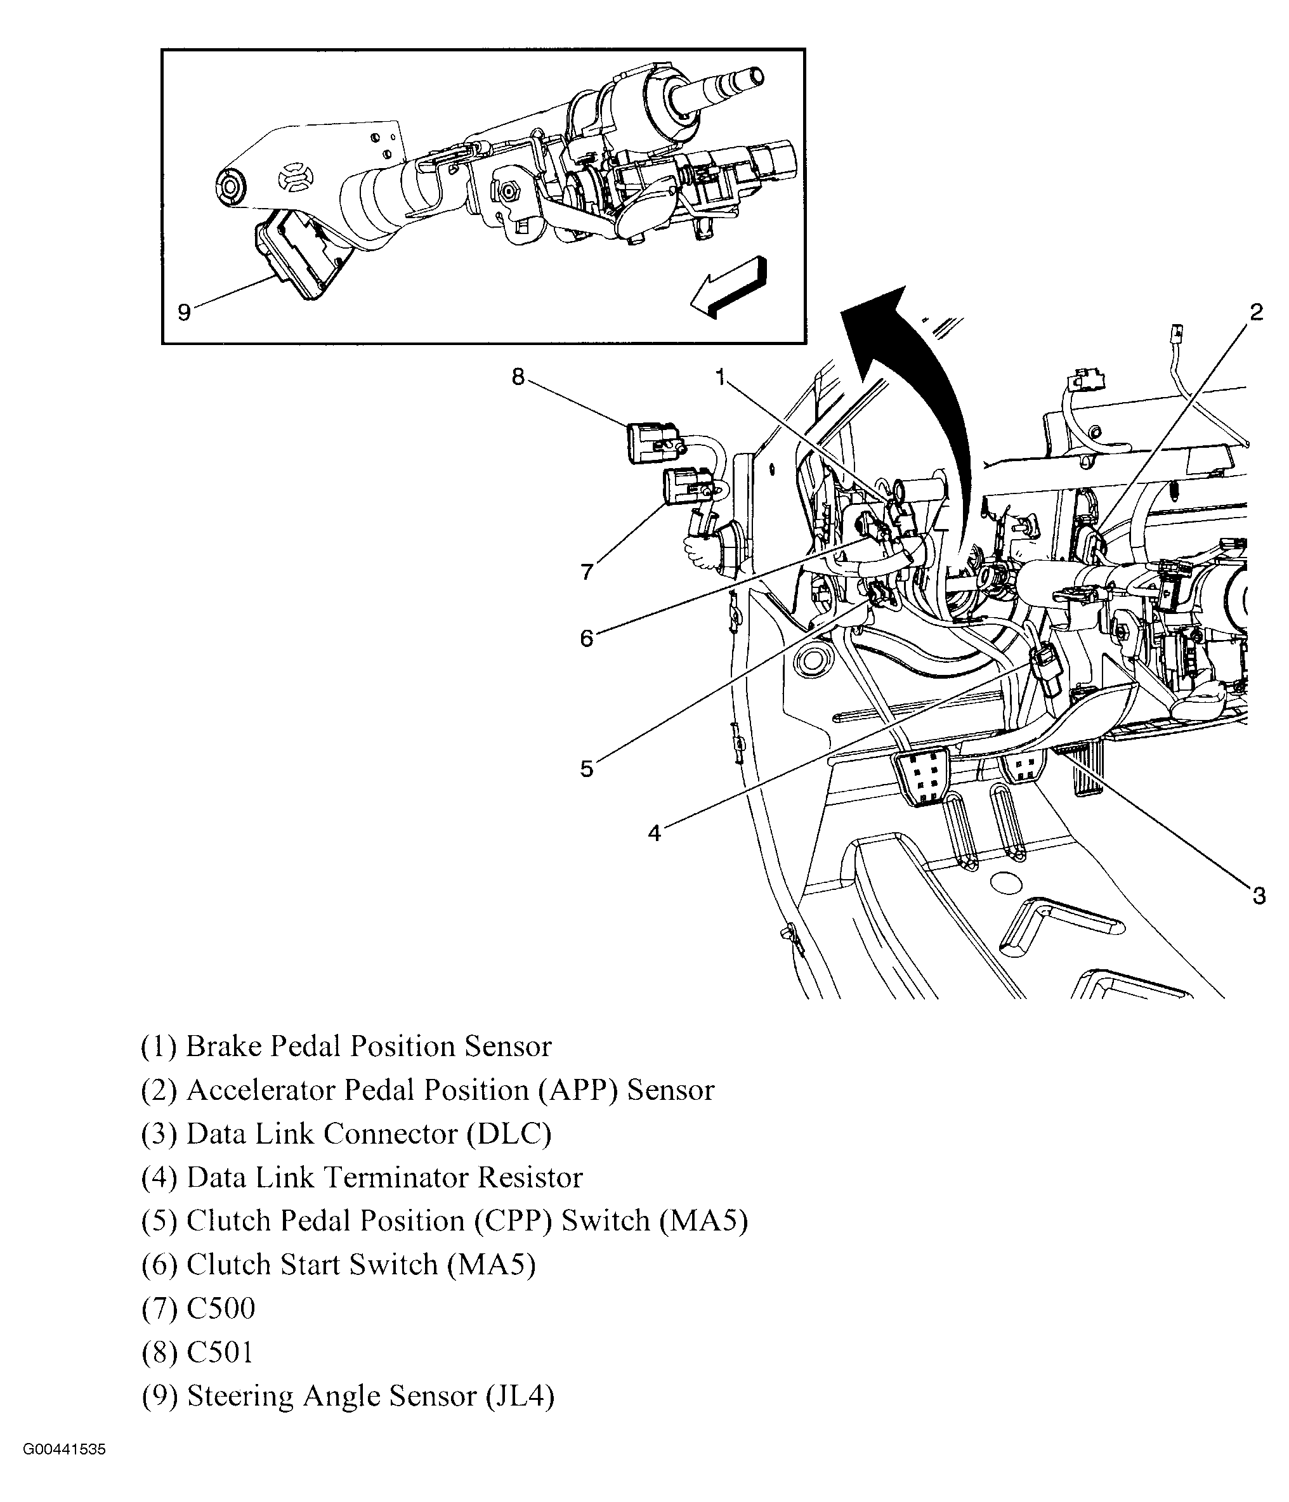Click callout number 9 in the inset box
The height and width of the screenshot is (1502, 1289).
tap(184, 313)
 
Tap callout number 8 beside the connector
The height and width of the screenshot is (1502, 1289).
tap(518, 376)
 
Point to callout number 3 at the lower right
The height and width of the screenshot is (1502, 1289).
tap(1259, 896)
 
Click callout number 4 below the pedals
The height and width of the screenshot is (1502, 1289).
tap(654, 833)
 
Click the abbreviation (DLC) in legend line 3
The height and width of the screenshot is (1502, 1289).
tap(508, 1133)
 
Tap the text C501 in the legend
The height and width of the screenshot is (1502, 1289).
tap(219, 1352)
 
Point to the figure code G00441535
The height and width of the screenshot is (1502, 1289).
tap(64, 1470)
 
